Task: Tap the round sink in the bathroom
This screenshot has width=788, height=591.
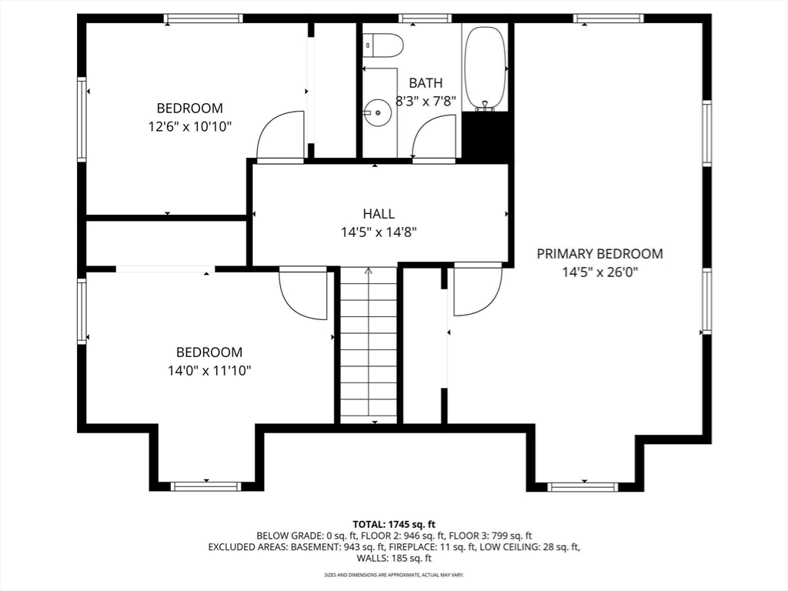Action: coord(377,113)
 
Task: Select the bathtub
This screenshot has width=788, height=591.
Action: coord(485,68)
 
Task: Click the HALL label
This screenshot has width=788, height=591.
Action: coord(379,214)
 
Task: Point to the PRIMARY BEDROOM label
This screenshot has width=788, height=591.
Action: coord(599,254)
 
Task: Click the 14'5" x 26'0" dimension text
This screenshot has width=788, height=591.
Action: coord(599,272)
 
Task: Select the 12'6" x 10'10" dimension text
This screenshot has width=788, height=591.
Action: coord(189,127)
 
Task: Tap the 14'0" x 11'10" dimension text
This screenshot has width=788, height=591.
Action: coord(209,371)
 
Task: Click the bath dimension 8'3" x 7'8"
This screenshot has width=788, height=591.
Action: coord(426,102)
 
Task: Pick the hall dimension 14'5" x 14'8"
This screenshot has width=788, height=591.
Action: coord(379,232)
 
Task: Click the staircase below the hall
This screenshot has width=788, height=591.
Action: coord(369,346)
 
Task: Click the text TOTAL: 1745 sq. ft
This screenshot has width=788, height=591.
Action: coord(393,525)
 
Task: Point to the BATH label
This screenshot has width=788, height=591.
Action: coord(426,83)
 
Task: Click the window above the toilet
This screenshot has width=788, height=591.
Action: coord(425,18)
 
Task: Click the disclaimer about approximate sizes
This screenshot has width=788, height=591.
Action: coord(393,574)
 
